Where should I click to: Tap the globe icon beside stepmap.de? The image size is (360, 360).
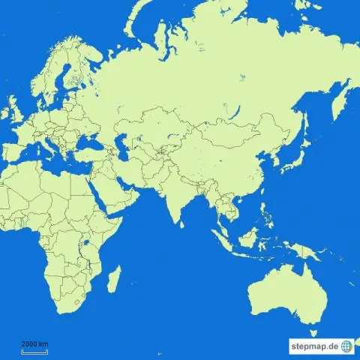[x=346, y=346]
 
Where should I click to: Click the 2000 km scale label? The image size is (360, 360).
[x=34, y=343]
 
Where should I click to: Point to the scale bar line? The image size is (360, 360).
[x=34, y=349]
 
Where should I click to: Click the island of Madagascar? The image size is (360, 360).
[x=114, y=279]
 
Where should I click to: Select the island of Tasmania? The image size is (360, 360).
[x=313, y=328]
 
